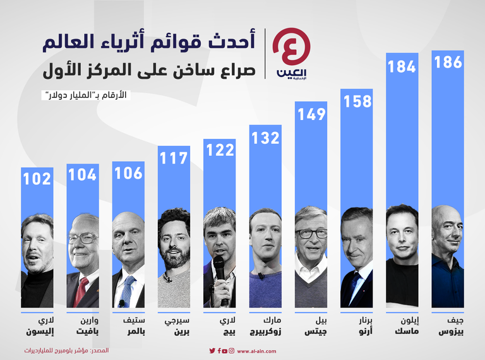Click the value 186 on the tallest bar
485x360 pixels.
point(448,62)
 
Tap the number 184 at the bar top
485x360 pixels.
point(402,67)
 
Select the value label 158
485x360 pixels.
point(357,100)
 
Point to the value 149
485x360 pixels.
point(311,114)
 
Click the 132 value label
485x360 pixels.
point(265,137)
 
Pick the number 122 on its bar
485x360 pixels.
point(220,150)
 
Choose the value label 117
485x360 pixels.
point(174,159)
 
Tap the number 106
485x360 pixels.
point(128,172)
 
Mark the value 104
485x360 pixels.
point(83,175)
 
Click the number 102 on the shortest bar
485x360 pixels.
point(37,179)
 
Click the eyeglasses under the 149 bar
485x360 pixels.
point(311,233)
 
